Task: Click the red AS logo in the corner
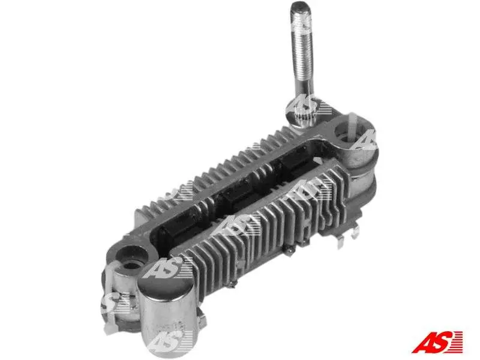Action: [x=437, y=341]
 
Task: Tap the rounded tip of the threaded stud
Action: [x=301, y=7]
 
